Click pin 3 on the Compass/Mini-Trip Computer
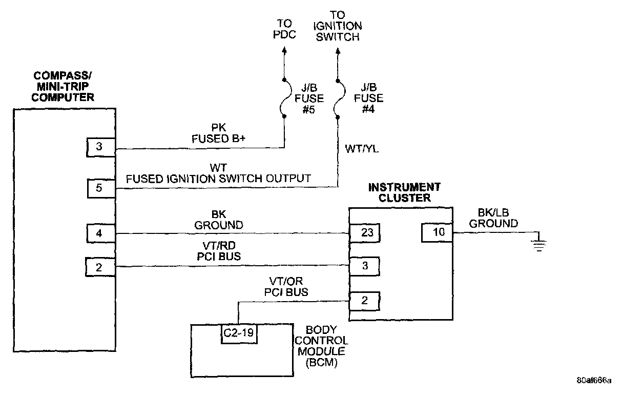[x=101, y=147]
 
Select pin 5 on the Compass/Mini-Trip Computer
[x=101, y=189]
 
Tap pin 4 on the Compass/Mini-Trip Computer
[x=101, y=233]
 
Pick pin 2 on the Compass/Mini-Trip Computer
[x=100, y=267]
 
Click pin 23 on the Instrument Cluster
[x=365, y=232]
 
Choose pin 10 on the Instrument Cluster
[x=437, y=232]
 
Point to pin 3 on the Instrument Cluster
[x=364, y=266]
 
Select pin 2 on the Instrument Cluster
[x=364, y=301]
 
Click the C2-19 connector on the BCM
[x=239, y=333]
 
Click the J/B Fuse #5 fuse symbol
[x=285, y=98]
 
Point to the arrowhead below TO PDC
[x=284, y=50]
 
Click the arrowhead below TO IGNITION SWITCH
[x=338, y=51]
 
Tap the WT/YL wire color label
[x=362, y=149]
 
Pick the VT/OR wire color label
[x=286, y=281]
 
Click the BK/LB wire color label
[x=493, y=212]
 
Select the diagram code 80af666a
[x=594, y=380]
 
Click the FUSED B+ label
[x=219, y=139]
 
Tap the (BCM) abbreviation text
[x=322, y=362]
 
